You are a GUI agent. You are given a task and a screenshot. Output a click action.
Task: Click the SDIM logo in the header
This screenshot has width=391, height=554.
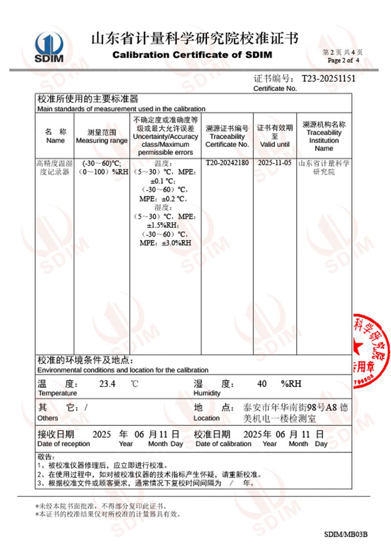pyautogui.click(x=49, y=47)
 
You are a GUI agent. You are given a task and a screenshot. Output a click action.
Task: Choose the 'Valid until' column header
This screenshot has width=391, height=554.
pyautogui.click(x=275, y=144)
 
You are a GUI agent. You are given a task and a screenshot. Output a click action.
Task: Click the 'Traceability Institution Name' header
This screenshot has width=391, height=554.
pyautogui.click(x=324, y=140)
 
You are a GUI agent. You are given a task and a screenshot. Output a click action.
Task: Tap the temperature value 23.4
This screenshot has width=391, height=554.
pyautogui.click(x=107, y=384)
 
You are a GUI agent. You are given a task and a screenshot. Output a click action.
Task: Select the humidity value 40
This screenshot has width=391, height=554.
pyautogui.click(x=261, y=384)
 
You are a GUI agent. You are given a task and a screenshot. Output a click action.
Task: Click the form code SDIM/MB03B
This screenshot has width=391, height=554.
pyautogui.click(x=345, y=533)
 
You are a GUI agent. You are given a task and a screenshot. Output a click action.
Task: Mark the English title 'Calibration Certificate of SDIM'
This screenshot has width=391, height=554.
pyautogui.click(x=192, y=55)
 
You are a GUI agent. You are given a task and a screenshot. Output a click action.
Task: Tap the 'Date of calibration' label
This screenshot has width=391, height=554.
pyautogui.click(x=223, y=444)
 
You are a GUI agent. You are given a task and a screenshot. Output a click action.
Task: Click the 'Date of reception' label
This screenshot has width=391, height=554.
pyautogui.click(x=64, y=444)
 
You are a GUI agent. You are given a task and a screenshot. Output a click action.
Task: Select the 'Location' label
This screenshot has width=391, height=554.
pyautogui.click(x=206, y=418)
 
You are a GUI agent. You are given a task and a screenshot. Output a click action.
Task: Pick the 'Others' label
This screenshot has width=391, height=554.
pyautogui.click(x=47, y=418)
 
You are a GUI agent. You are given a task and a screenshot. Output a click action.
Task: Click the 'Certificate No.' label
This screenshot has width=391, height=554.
pyautogui.click(x=275, y=89)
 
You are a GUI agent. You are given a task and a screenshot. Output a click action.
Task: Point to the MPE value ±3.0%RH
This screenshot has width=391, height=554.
pyautogui.click(x=165, y=243)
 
